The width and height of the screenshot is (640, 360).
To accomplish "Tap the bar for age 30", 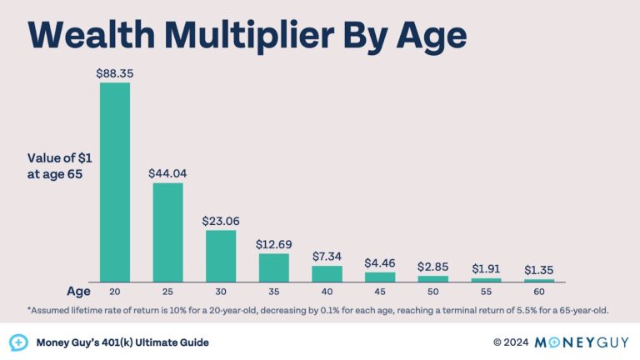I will click(x=221, y=256).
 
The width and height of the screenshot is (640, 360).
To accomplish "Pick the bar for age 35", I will click(x=273, y=267).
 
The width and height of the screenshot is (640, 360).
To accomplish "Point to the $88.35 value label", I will click(x=115, y=72).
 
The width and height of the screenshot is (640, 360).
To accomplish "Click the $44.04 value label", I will click(x=167, y=173).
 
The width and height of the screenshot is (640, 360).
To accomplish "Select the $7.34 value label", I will click(x=327, y=256).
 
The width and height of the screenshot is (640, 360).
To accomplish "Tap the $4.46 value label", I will click(x=380, y=262).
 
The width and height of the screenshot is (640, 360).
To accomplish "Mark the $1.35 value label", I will click(x=539, y=269).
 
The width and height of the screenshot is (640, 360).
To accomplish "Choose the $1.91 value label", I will click(x=486, y=268).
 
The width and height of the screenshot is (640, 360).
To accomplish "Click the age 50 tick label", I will click(x=432, y=292).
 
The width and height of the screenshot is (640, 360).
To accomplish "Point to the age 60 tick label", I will click(x=539, y=292).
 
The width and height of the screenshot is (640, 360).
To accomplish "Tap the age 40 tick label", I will click(x=327, y=292).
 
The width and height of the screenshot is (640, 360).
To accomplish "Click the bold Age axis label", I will click(x=78, y=292).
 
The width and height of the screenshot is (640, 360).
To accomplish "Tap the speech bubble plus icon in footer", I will click(x=18, y=342).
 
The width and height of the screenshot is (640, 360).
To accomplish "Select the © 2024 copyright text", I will click(x=510, y=342).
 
